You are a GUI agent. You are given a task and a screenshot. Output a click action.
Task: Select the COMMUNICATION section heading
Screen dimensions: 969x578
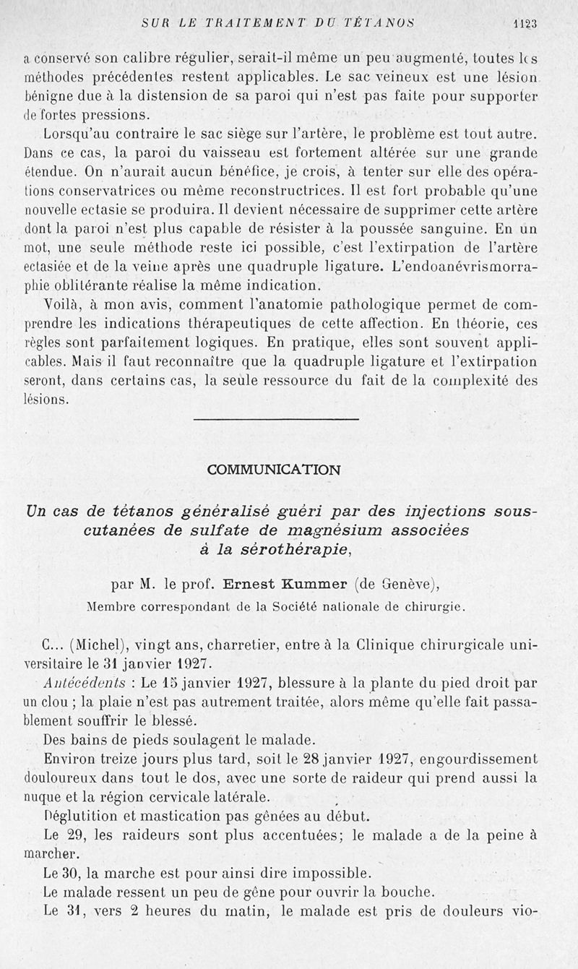coord(273,470)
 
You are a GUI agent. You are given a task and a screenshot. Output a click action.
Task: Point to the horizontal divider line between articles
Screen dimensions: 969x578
coord(277,418)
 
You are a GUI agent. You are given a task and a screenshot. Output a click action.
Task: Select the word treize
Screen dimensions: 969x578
coord(124,759)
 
